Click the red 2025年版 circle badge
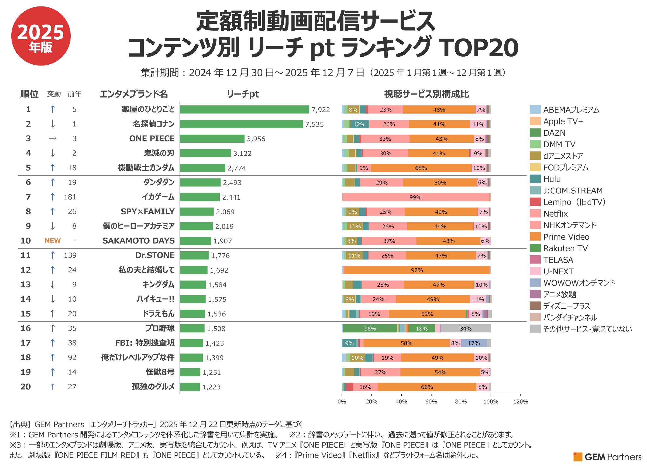click(x=41, y=36)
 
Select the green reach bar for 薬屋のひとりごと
click(x=244, y=109)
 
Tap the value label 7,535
click(x=314, y=124)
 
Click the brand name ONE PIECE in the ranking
click(x=152, y=138)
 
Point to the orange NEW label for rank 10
click(x=53, y=241)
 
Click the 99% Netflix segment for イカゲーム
click(x=415, y=197)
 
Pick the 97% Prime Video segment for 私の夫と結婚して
click(x=417, y=270)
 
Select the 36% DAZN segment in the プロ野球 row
click(x=370, y=329)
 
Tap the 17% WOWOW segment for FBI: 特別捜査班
click(x=474, y=343)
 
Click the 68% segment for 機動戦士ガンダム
click(x=421, y=168)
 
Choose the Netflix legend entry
click(x=555, y=214)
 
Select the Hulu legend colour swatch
click(x=535, y=179)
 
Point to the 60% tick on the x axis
click(x=431, y=402)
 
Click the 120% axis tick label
click(x=520, y=402)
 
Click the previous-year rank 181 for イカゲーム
click(x=70, y=197)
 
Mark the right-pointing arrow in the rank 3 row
click(x=53, y=138)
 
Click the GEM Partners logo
click(x=607, y=457)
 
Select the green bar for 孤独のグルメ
click(x=190, y=387)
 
